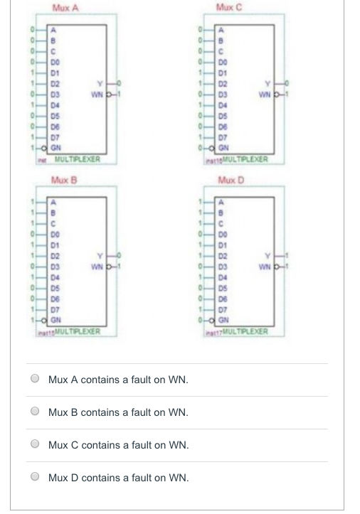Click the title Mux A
(x=65, y=7)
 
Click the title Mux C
(x=236, y=7)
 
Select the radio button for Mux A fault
(x=33, y=380)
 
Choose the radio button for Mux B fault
(x=33, y=412)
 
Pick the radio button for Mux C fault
(x=33, y=445)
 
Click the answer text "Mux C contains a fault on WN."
(x=118, y=445)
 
